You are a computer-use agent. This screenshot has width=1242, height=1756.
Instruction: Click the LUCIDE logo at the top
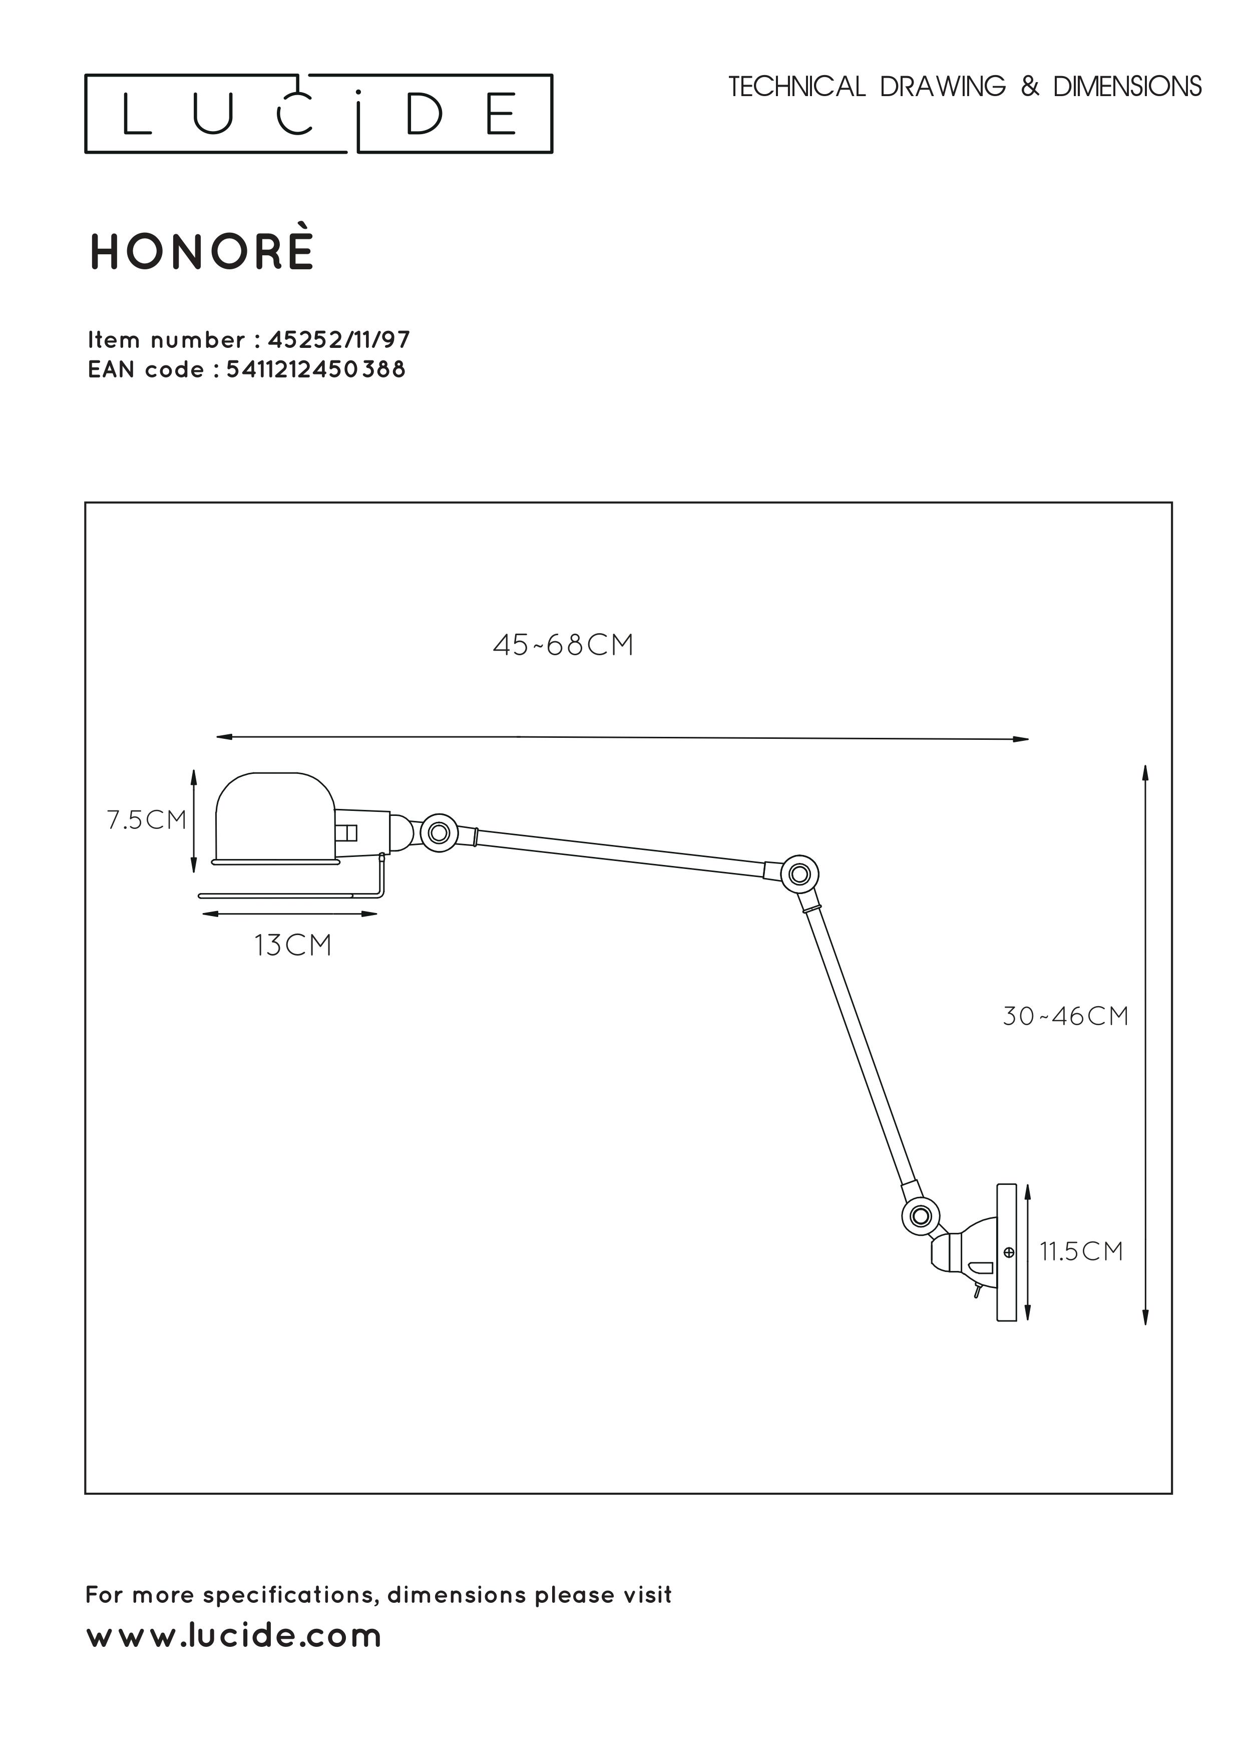tap(318, 113)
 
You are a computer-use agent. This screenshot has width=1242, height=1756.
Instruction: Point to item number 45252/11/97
tap(339, 339)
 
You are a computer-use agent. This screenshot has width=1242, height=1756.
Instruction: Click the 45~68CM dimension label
tap(563, 645)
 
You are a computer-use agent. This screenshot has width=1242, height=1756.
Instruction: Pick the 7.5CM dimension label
tap(147, 820)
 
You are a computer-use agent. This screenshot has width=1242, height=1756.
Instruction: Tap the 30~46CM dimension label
tap(1065, 1017)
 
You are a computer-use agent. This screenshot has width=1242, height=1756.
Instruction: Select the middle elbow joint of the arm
tap(799, 873)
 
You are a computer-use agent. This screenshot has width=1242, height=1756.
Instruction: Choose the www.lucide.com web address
tap(234, 1635)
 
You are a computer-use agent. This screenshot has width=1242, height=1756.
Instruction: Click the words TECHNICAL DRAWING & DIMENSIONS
tap(965, 87)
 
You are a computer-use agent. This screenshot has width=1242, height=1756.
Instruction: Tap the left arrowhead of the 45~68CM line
tap(224, 737)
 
